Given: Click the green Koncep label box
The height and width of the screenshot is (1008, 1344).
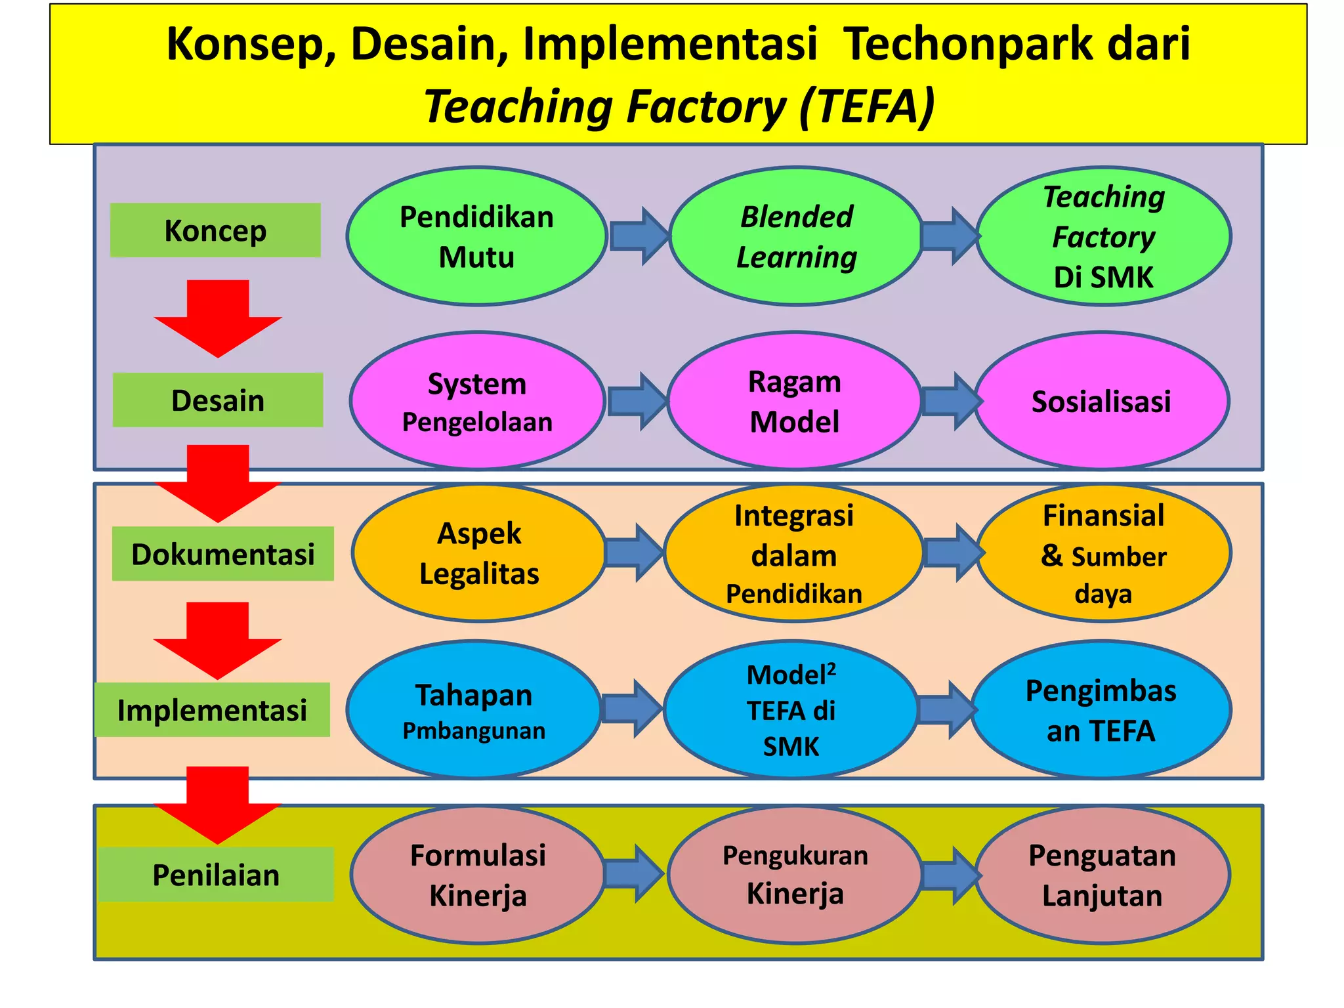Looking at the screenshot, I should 215,230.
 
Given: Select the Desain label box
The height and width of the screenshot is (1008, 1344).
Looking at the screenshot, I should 218,400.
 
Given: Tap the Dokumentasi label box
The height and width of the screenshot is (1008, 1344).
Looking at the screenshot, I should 222,554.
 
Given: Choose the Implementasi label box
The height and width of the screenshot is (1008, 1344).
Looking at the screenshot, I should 212,710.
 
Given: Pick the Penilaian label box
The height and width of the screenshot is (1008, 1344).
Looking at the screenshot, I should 216,875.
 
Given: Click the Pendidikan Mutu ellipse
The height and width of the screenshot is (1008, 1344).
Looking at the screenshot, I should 476,236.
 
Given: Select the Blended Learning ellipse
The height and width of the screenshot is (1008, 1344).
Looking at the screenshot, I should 796,236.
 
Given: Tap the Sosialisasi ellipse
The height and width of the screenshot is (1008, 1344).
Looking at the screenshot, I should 1101,401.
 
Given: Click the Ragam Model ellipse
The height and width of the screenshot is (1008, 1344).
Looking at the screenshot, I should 794,401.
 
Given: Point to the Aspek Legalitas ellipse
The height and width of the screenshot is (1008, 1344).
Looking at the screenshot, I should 479,553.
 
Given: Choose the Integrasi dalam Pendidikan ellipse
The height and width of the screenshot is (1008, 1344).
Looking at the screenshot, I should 793,553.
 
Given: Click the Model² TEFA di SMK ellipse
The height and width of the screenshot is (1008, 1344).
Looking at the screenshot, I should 791,710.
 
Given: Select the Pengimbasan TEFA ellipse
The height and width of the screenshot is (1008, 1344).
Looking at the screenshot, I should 1101,710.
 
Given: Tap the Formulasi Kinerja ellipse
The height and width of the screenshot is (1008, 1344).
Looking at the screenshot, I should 478,875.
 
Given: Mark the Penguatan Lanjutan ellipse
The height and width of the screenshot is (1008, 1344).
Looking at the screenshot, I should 1102,875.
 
